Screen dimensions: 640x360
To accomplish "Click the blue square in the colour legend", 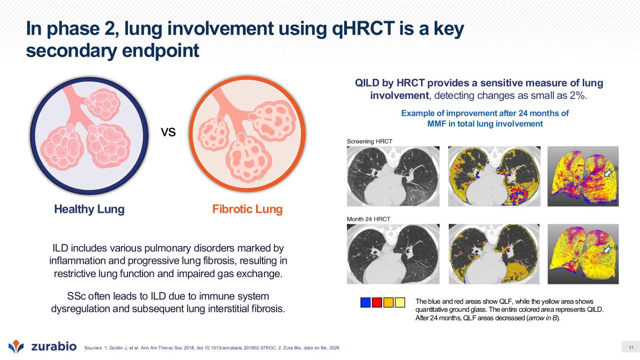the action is [365, 302].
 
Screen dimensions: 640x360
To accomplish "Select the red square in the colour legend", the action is [377, 302].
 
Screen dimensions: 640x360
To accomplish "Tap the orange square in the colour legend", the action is [388, 302].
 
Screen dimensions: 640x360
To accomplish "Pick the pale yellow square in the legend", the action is [400, 302].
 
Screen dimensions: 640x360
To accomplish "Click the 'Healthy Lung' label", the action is [90, 209].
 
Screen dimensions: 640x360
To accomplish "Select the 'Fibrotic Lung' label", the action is [248, 209].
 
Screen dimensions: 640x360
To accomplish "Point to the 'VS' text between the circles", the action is [168, 132].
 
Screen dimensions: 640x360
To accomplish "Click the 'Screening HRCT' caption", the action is [369, 142].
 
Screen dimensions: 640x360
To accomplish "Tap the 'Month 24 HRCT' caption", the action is [369, 219].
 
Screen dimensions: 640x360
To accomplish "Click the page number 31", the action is [631, 347].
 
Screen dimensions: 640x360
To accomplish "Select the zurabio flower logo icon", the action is [16, 346].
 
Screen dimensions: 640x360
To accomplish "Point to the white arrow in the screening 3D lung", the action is [609, 173].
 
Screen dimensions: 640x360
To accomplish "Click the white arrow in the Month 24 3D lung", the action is [609, 249].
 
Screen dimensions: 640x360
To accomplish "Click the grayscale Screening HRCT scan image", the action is [393, 176].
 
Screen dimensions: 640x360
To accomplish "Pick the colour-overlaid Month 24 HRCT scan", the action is [494, 254].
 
